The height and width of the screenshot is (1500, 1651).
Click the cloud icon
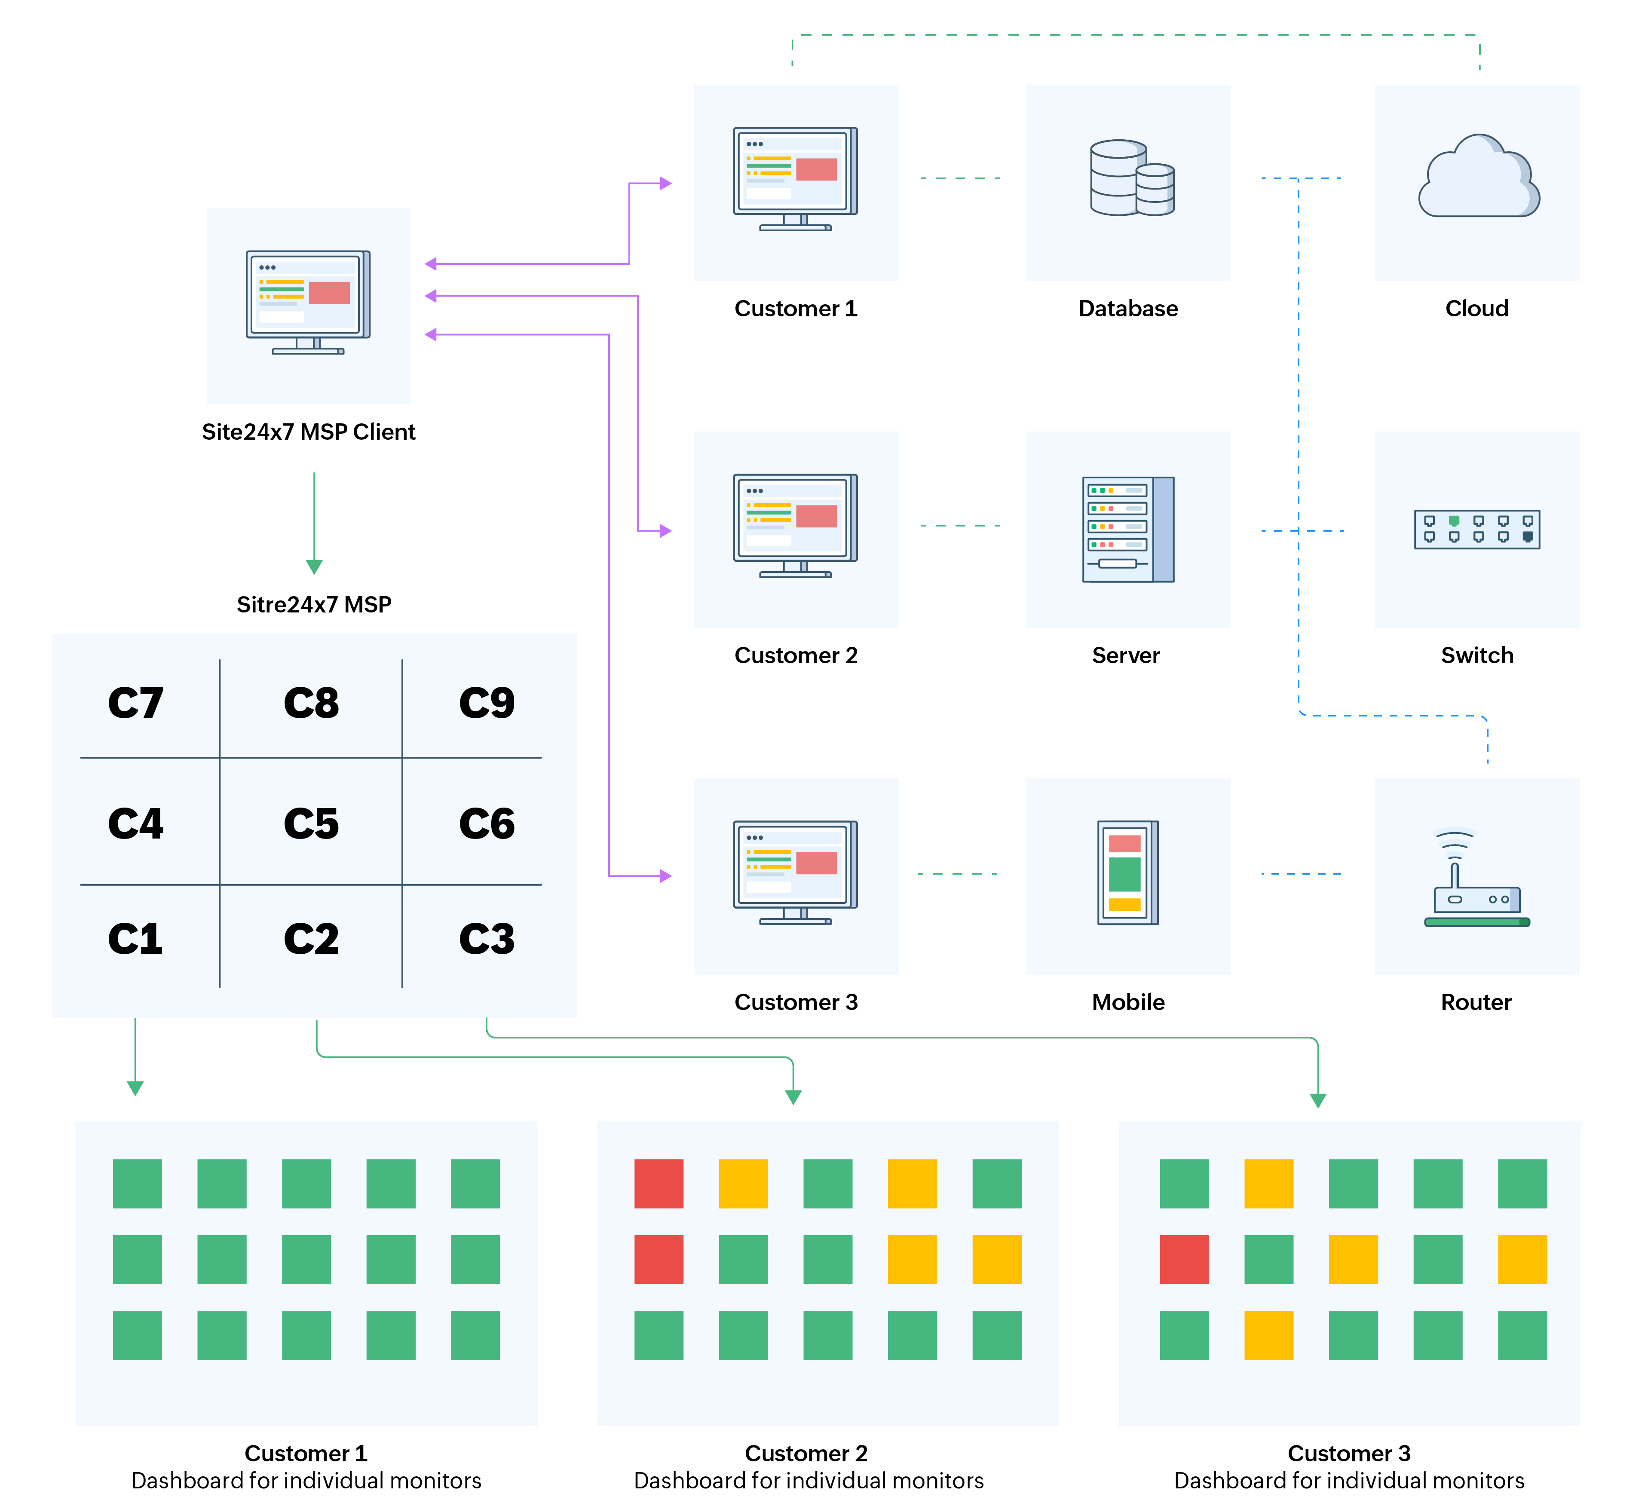[x=1478, y=178]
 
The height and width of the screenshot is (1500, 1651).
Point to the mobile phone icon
[x=1128, y=872]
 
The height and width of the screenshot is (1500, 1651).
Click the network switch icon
[x=1476, y=529]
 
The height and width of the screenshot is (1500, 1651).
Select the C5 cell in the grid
[x=311, y=823]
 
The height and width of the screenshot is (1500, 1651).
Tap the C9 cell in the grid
[x=487, y=703]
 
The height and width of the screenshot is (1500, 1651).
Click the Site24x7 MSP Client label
[x=309, y=432]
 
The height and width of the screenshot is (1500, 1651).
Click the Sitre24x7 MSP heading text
[x=314, y=604]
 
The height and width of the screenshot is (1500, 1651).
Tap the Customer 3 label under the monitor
[x=795, y=1002]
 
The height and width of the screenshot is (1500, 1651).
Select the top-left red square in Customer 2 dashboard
[x=659, y=1183]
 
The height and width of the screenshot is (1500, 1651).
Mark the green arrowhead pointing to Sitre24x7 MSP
[x=314, y=566]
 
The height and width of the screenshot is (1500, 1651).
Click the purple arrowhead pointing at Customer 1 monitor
[x=666, y=184]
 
